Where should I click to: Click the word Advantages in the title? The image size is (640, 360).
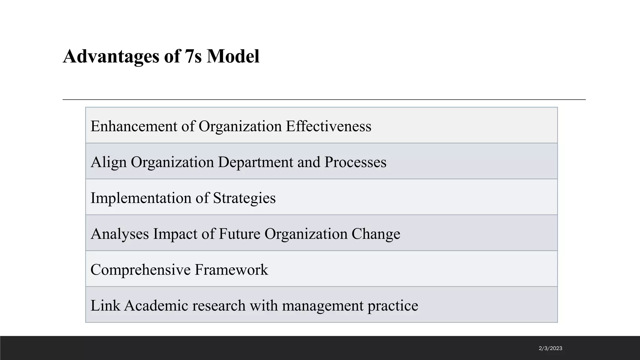click(x=111, y=57)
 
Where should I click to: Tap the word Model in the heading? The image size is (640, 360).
click(x=233, y=57)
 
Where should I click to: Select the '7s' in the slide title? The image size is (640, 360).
click(x=193, y=57)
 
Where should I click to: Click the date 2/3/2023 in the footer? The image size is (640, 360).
click(x=550, y=348)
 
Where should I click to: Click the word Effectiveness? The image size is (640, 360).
click(x=328, y=126)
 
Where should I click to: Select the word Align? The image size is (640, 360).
click(x=108, y=162)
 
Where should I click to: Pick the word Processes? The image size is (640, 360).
click(x=355, y=162)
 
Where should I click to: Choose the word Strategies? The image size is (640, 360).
click(x=244, y=198)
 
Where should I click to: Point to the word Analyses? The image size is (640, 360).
click(x=120, y=234)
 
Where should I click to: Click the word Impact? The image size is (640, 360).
click(x=175, y=234)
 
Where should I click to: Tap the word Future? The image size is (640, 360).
click(x=239, y=234)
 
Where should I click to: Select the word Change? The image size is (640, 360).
click(x=376, y=234)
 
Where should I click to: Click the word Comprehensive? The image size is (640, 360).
click(x=140, y=270)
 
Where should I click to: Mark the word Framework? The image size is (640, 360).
click(x=231, y=270)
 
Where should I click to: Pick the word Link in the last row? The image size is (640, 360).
click(x=105, y=306)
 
